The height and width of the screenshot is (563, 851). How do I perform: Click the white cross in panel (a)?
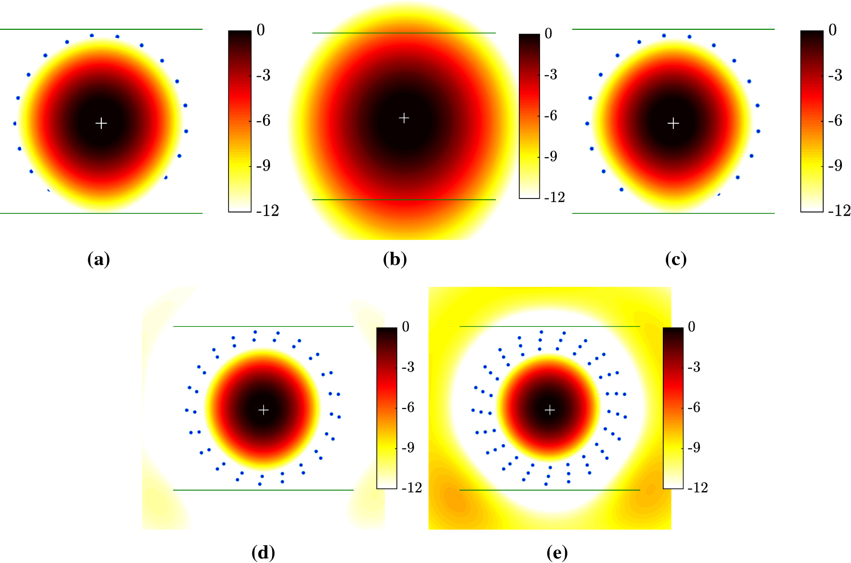(x=101, y=124)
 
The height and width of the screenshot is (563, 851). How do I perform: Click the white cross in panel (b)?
(x=404, y=118)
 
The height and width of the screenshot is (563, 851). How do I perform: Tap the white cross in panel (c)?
(x=673, y=124)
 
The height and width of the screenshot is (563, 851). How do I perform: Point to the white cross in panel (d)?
(x=264, y=410)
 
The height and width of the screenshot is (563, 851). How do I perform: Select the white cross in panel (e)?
(x=550, y=410)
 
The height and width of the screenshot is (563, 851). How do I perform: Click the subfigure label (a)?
(x=99, y=259)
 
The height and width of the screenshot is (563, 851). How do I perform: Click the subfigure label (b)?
(x=395, y=259)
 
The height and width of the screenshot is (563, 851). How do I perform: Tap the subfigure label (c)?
(x=676, y=259)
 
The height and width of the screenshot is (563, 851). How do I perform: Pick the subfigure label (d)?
(x=264, y=553)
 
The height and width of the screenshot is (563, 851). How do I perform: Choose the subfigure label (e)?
(x=557, y=553)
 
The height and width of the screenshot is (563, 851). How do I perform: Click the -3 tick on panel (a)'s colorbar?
(x=264, y=75)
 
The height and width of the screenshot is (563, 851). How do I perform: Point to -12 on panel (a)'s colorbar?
(x=267, y=211)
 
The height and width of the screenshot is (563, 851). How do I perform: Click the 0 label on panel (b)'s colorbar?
(x=549, y=34)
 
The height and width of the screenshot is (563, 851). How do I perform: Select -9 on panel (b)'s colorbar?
(x=551, y=156)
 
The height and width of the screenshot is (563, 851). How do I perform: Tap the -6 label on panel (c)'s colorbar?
(x=836, y=120)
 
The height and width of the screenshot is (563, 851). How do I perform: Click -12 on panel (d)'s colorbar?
(x=411, y=488)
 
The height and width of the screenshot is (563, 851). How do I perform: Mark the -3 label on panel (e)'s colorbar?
(x=694, y=367)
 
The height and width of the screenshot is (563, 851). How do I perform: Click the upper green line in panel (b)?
(x=404, y=33)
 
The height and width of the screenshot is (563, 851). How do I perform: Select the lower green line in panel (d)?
(x=264, y=490)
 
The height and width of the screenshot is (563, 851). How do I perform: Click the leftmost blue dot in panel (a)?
(x=15, y=124)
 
